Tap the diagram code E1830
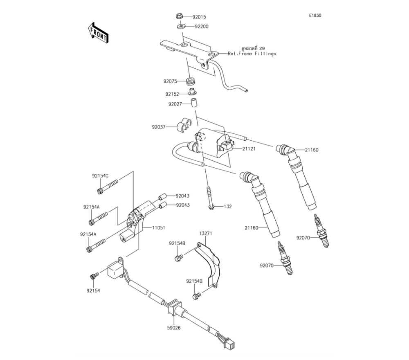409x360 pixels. (315, 16)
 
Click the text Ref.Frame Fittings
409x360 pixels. (252, 54)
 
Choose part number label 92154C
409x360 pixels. (100, 176)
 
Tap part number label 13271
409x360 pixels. (206, 233)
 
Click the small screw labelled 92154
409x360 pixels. (94, 276)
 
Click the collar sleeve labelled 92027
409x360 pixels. (192, 102)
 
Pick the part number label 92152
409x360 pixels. (173, 94)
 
